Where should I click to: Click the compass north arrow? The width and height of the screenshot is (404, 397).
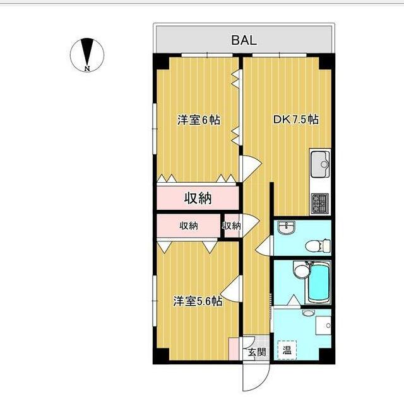point(87,52)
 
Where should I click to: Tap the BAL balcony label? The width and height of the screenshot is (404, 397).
point(243,41)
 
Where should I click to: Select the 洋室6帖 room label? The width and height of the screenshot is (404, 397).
point(199,119)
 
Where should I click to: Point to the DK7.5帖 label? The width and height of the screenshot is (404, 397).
point(295,119)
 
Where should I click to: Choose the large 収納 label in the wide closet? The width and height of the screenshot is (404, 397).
point(198,199)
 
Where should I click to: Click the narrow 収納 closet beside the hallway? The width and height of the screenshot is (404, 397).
point(232,226)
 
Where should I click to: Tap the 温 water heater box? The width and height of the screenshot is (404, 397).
point(287,350)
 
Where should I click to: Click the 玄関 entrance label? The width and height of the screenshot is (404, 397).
point(256,352)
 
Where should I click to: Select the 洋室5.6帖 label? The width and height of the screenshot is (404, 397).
point(198,301)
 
